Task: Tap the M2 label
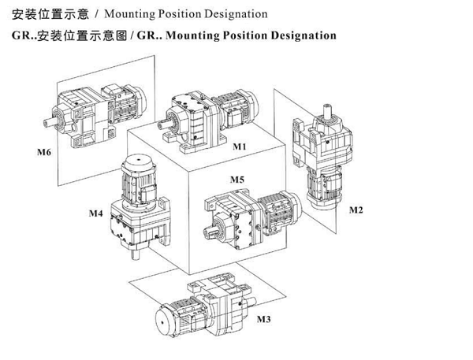(x=356, y=210)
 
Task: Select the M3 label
(x=264, y=319)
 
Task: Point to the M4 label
(x=95, y=213)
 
